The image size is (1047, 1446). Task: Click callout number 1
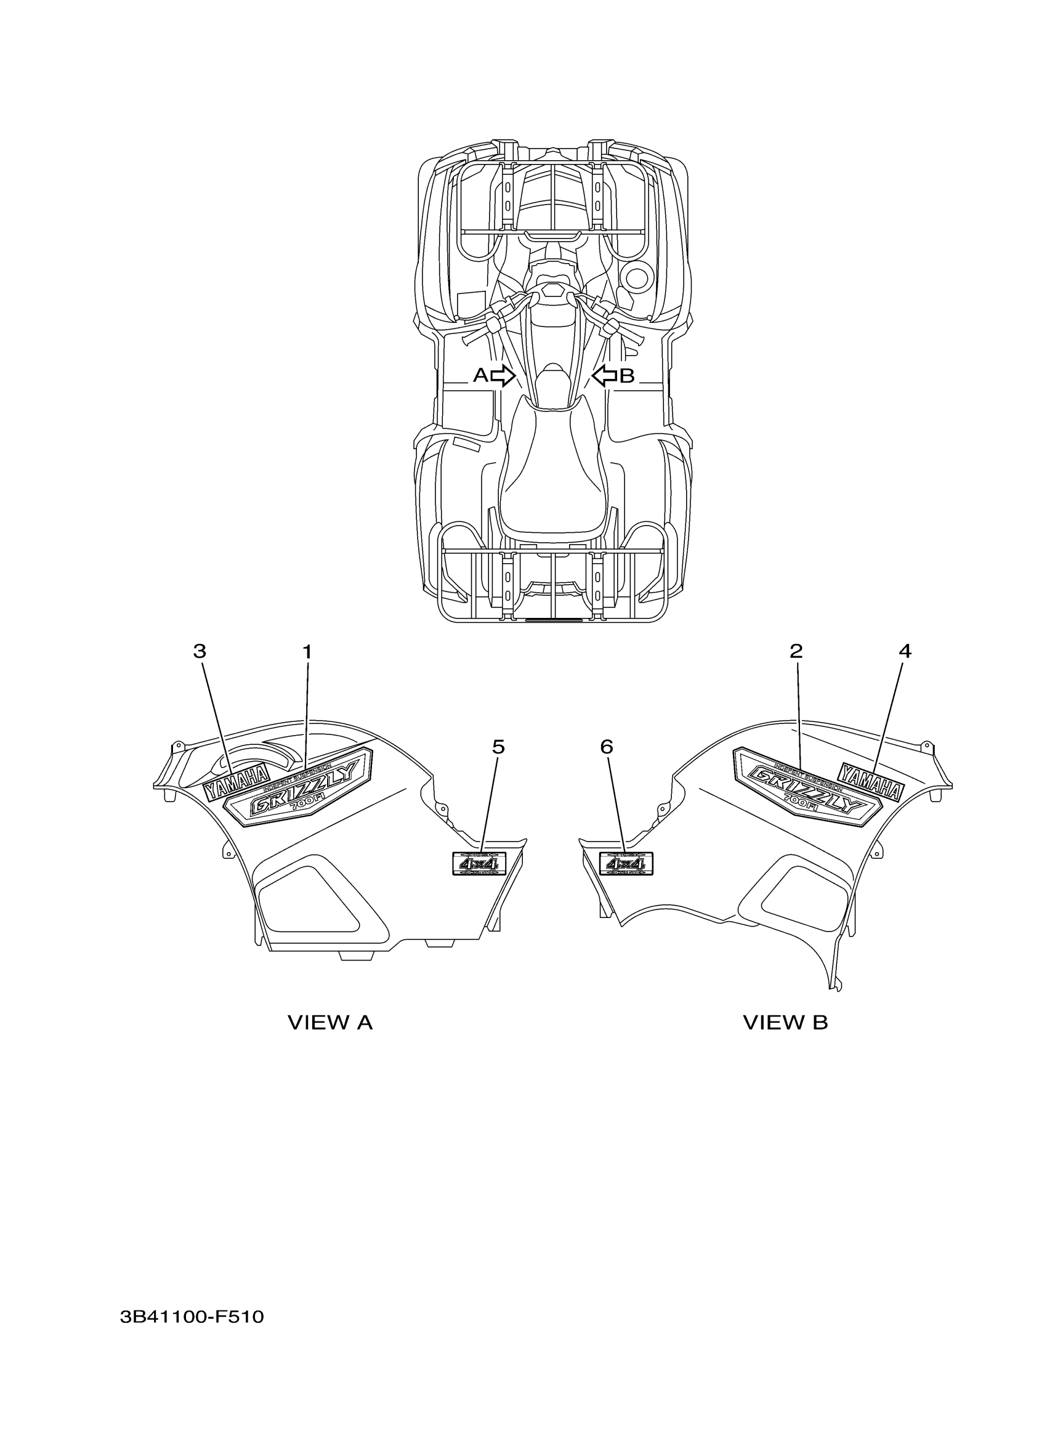307,652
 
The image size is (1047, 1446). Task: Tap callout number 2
796,651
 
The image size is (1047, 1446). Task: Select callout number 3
200,651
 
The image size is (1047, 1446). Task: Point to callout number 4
905,651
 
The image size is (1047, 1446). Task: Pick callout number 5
498,747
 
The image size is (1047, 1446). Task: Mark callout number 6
607,747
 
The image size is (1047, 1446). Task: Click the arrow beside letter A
503,376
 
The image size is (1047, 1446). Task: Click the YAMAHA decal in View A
236,782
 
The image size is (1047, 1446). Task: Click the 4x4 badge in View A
479,864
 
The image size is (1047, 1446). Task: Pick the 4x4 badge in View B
626,864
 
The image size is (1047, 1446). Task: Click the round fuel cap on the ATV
636,278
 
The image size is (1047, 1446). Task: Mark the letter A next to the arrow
480,376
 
